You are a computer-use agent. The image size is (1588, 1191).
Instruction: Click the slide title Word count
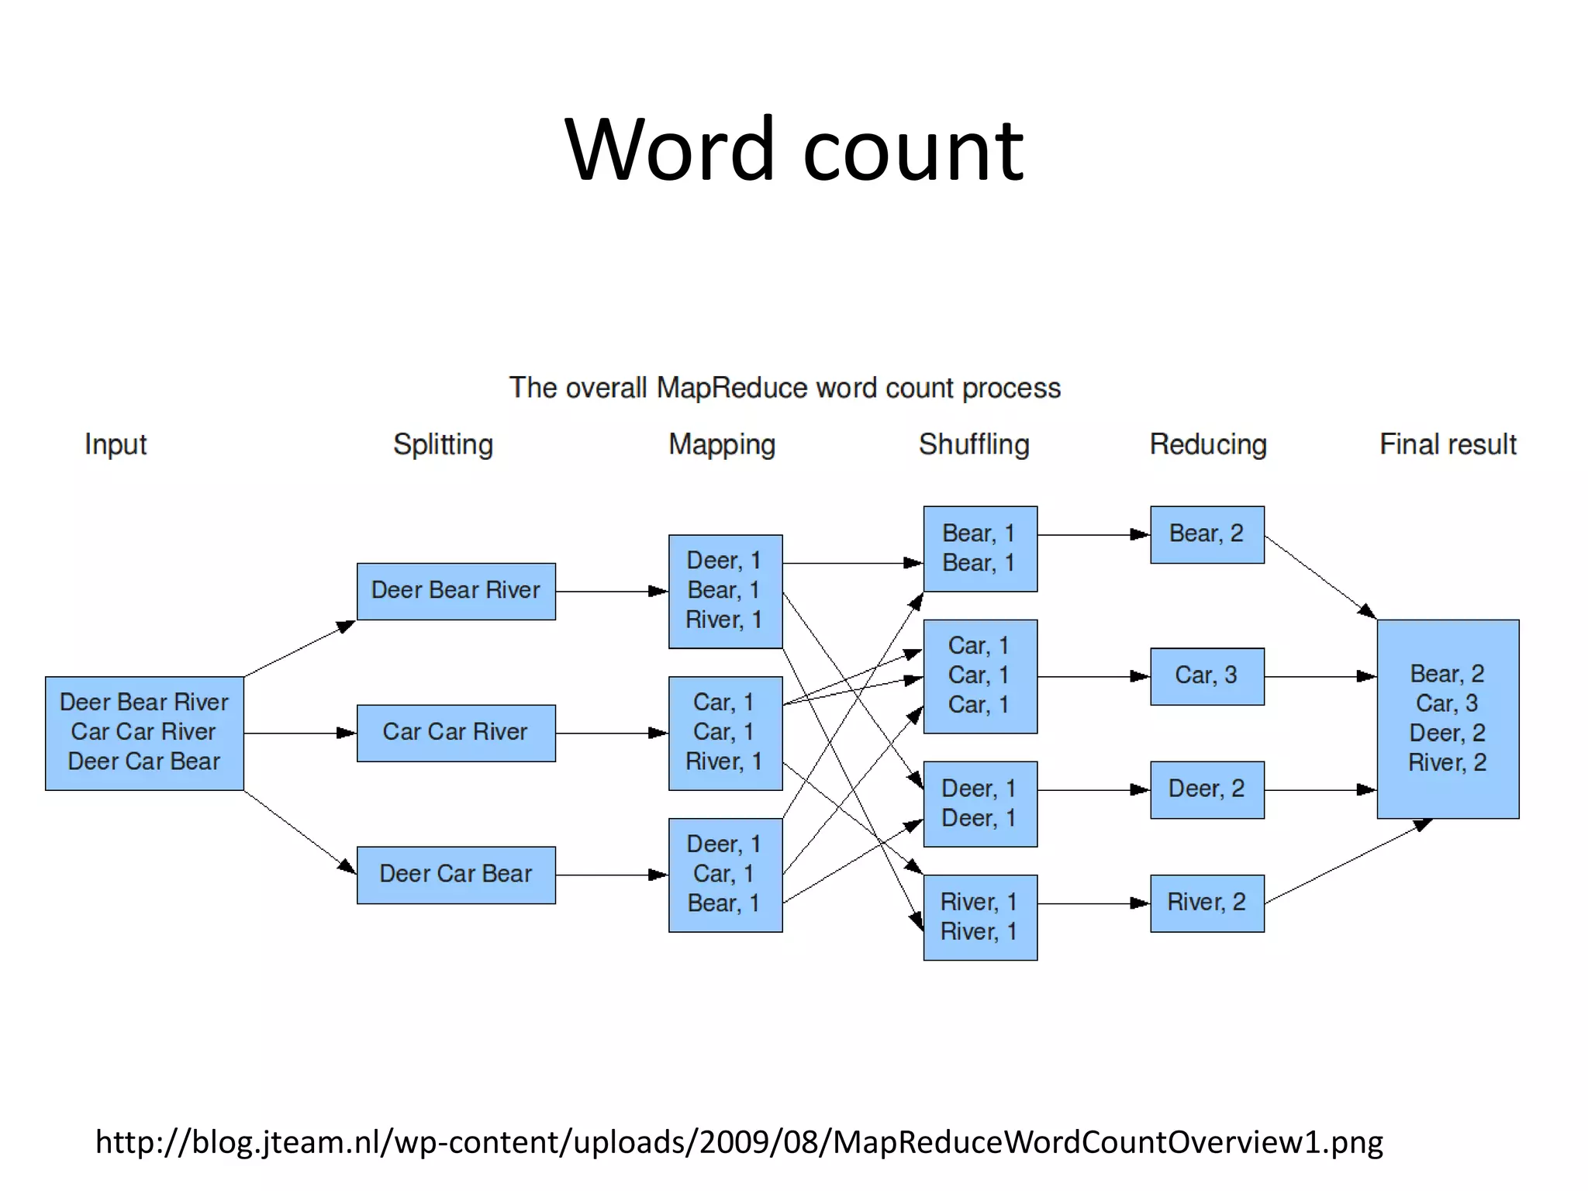[x=794, y=149]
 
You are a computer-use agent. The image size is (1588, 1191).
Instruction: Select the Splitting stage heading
[x=443, y=444]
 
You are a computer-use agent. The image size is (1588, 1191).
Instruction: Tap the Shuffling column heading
[x=974, y=444]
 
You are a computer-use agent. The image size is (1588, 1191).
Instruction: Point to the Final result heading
[x=1448, y=444]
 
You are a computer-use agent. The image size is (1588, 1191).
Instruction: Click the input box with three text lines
[x=144, y=733]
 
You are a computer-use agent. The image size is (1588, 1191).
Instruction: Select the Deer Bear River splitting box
[x=456, y=591]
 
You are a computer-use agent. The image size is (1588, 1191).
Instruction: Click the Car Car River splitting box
[x=456, y=733]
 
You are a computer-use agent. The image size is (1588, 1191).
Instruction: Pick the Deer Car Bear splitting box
[x=456, y=875]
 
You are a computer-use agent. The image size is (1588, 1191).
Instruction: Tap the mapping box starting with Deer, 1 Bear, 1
[x=725, y=591]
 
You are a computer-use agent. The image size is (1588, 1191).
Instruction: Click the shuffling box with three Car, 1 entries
[x=979, y=676]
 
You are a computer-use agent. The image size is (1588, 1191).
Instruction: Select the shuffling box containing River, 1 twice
[x=979, y=917]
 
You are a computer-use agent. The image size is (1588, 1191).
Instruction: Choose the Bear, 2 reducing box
[x=1207, y=534]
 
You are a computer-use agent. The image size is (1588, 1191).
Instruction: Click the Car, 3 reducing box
[x=1207, y=676]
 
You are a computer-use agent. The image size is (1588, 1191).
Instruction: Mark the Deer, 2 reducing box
[x=1207, y=789]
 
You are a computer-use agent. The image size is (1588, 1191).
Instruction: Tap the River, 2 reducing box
[x=1207, y=903]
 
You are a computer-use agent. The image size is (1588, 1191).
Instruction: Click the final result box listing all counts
[x=1448, y=718]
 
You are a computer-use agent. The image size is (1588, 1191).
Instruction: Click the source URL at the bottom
[x=739, y=1142]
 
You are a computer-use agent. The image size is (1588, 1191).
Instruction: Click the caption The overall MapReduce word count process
[x=785, y=388]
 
